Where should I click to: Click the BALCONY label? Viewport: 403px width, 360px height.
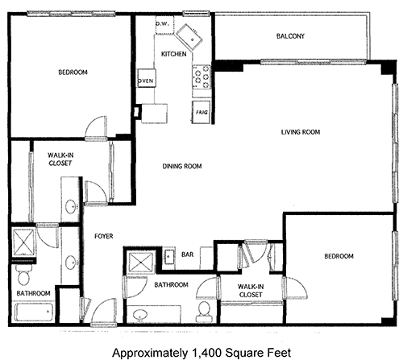[290, 36]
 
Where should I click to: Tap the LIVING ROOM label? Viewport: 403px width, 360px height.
[301, 132]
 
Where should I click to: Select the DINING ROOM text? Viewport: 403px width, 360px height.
[182, 167]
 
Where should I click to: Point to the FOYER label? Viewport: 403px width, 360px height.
[104, 236]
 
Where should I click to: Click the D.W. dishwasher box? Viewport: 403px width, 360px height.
[164, 25]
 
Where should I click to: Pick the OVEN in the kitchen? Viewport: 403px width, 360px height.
[147, 78]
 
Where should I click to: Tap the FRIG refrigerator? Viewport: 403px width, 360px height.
[201, 112]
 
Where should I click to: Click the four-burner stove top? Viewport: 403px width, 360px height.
[201, 77]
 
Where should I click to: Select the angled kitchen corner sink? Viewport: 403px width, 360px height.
[189, 37]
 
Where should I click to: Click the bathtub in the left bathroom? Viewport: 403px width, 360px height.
[34, 312]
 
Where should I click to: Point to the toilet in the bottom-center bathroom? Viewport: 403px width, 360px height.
[204, 311]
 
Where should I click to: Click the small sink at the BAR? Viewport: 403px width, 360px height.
[169, 256]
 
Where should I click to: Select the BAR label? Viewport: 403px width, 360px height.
[187, 254]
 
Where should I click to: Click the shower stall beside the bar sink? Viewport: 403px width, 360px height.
[141, 263]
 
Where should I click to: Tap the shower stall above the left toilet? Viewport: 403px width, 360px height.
[24, 242]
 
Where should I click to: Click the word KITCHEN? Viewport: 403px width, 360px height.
[173, 54]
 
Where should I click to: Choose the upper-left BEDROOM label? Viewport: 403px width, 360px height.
[73, 72]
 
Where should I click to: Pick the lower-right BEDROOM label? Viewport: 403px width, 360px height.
[339, 256]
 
